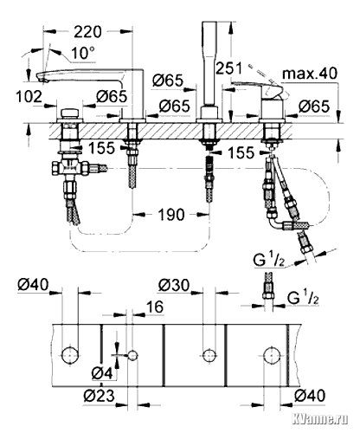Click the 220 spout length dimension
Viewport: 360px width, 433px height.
(x=87, y=31)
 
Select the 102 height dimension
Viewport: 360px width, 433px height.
(x=29, y=96)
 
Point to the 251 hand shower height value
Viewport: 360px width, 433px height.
(x=228, y=68)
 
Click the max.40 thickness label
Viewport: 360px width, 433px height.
(x=310, y=74)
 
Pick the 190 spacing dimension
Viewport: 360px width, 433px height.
(x=171, y=215)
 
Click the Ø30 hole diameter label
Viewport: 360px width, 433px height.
(x=174, y=286)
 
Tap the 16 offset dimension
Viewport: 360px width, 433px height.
(x=155, y=307)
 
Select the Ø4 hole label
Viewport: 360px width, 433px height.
(x=102, y=374)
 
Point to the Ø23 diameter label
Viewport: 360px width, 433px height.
(x=99, y=395)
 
